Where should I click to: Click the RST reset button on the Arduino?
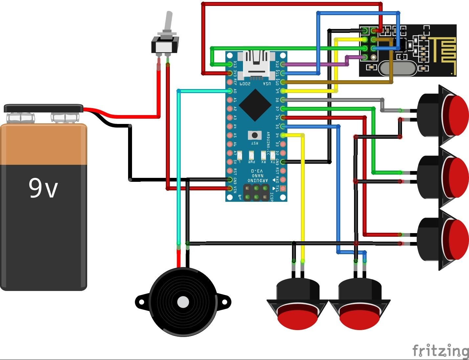point(255,135)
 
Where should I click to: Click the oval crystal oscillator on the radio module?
point(397,68)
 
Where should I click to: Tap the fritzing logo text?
point(440,350)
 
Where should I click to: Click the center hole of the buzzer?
point(183,302)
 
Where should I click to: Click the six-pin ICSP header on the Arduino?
point(256,193)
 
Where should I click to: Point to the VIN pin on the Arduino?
point(230,188)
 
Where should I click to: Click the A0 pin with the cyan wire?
point(230,91)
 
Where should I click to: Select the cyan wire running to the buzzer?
point(178,164)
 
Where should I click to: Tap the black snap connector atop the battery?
point(43,108)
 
